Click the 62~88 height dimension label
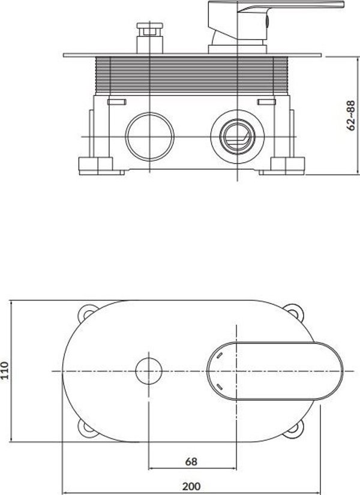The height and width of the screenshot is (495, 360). click(351, 115)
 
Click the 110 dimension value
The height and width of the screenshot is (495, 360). click(4, 370)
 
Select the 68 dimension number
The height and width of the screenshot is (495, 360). click(191, 461)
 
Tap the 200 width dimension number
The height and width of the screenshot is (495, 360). click(191, 486)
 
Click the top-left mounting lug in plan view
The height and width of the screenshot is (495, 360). click(87, 313)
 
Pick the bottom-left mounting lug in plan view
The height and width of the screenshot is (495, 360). click(87, 429)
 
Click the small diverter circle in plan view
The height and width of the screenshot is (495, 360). click(149, 371)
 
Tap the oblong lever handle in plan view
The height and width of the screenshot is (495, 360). click(275, 371)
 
